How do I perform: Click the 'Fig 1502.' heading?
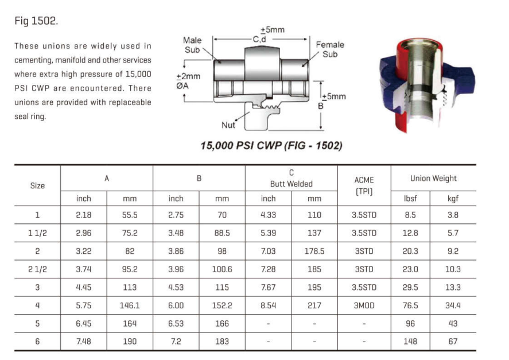[x=36, y=21]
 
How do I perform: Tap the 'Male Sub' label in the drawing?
[x=192, y=45]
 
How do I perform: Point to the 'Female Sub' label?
[x=330, y=49]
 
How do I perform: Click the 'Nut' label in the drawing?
[x=228, y=125]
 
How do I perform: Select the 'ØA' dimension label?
[x=182, y=86]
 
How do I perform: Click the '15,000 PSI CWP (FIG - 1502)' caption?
[x=271, y=145]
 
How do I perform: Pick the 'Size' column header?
[x=37, y=185]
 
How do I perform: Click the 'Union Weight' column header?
[x=433, y=179]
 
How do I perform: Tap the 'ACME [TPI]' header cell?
[x=364, y=185]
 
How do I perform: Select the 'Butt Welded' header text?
[x=291, y=184]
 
